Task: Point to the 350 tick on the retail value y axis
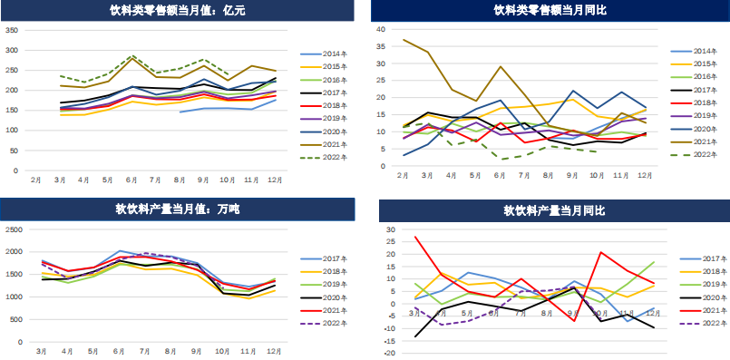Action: (x=12, y=30)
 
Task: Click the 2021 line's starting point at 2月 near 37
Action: (x=404, y=40)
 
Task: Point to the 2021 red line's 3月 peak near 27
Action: (x=416, y=238)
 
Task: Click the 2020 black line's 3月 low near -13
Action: (x=416, y=336)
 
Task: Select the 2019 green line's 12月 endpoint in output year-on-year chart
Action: (x=653, y=262)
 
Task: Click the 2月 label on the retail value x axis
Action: (x=35, y=180)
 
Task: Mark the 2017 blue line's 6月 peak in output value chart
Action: (x=121, y=251)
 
